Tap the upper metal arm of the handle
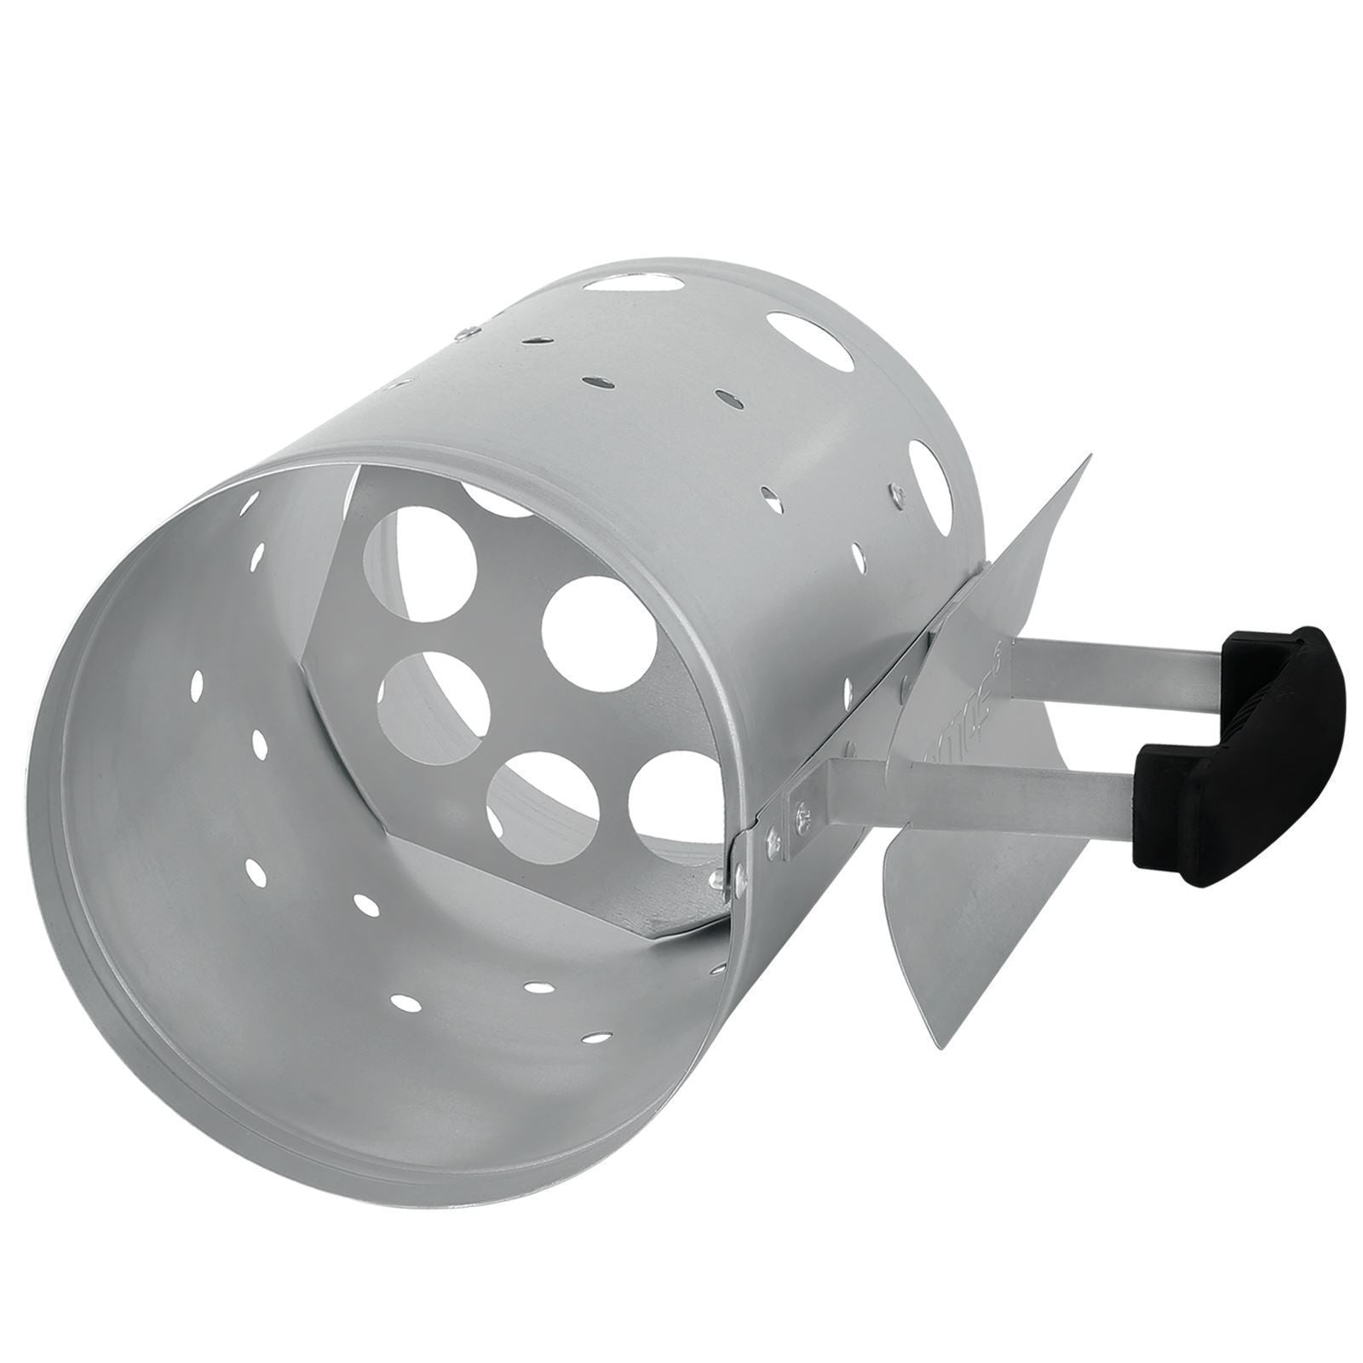coord(1107,673)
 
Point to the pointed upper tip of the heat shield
coord(1089,461)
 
